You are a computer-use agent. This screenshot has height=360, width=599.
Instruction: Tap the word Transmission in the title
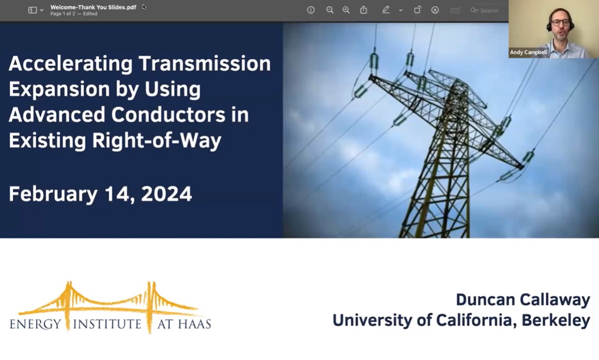(x=204, y=64)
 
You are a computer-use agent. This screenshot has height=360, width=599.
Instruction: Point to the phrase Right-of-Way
(x=157, y=140)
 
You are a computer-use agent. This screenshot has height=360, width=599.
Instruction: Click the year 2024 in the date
(x=166, y=194)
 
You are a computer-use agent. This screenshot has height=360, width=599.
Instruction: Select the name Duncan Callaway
(x=523, y=300)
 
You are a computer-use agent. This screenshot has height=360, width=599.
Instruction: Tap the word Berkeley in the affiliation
(x=556, y=320)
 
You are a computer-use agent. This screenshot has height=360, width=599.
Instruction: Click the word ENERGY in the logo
(x=35, y=324)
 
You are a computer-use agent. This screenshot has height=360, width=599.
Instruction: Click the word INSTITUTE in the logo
(x=107, y=324)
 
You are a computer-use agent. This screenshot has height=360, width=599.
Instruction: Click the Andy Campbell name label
(x=528, y=52)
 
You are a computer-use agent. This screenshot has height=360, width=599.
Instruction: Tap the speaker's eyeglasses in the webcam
(x=560, y=23)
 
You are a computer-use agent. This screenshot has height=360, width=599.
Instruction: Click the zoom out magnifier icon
(x=330, y=10)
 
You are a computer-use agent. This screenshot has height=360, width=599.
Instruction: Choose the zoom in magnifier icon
(x=346, y=10)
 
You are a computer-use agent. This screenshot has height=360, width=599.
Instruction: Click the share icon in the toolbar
(x=363, y=10)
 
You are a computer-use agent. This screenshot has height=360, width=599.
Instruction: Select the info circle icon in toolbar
(x=311, y=10)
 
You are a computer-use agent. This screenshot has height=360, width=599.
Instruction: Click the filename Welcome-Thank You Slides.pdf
(x=93, y=7)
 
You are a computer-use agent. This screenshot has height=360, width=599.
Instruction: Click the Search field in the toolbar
(x=484, y=11)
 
